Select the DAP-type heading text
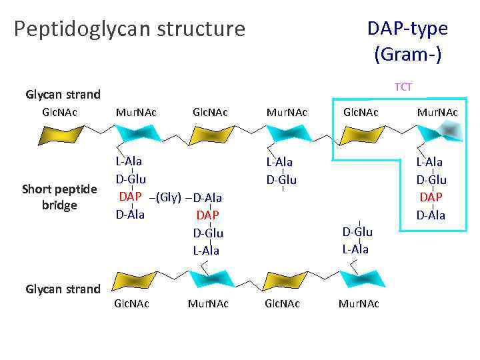click(x=407, y=28)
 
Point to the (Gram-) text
click(x=407, y=53)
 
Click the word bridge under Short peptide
click(x=59, y=205)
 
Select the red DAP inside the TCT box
click(x=431, y=197)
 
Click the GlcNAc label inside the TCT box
click(x=361, y=113)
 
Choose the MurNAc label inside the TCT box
click(x=437, y=113)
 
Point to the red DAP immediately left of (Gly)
click(x=130, y=197)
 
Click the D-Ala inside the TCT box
click(x=431, y=215)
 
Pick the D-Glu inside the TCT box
click(x=431, y=180)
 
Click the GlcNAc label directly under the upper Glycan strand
click(x=59, y=112)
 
